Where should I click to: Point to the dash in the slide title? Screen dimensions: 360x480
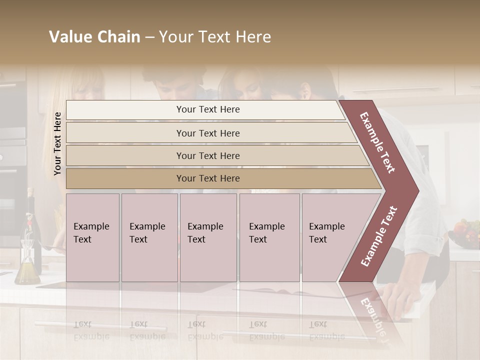(149, 37)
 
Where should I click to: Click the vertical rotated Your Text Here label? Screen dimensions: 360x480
(57, 143)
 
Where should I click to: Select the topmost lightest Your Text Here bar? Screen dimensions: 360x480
(207, 109)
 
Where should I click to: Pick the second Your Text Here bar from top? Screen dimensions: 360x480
(207, 133)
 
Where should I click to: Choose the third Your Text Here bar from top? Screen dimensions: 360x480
(207, 155)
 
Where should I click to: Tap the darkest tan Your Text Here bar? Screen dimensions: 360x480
(207, 178)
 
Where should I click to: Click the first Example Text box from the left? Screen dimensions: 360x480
(92, 237)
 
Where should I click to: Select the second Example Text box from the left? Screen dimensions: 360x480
(149, 237)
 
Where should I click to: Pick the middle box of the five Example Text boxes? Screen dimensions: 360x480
(208, 237)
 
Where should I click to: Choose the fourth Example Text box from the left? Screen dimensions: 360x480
(269, 237)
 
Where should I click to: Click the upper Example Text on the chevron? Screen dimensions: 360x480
(377, 142)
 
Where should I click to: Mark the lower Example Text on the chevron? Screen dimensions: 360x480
(378, 236)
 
